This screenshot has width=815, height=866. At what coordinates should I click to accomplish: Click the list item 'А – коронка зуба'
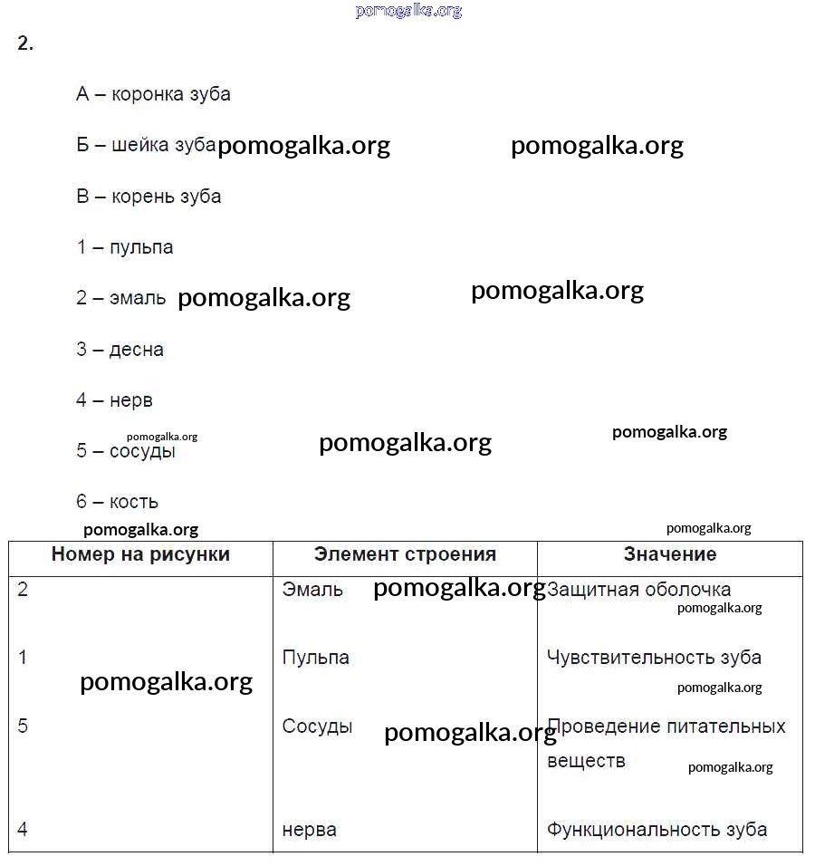(153, 94)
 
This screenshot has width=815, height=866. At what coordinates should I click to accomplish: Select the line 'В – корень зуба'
(149, 197)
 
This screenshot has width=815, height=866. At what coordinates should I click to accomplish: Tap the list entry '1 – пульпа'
(125, 247)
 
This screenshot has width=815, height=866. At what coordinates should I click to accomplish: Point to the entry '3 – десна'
(120, 350)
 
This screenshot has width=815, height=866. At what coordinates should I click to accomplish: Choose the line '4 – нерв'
(115, 400)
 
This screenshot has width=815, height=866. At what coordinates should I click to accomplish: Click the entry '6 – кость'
(118, 502)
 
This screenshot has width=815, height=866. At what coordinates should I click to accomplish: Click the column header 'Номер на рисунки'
(140, 554)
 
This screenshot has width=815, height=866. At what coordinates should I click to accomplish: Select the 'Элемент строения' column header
(405, 554)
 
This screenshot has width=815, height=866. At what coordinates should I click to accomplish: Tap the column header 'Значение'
(669, 554)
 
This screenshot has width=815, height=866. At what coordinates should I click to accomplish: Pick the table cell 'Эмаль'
(312, 590)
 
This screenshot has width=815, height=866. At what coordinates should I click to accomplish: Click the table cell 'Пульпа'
(315, 658)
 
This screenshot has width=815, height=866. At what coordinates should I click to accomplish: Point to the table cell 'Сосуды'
(317, 726)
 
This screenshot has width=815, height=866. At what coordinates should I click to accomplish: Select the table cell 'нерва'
(309, 829)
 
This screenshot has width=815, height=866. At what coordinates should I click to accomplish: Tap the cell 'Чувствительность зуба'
(654, 658)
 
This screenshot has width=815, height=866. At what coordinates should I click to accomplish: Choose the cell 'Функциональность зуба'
(657, 829)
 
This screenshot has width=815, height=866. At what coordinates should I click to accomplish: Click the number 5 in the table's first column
(23, 726)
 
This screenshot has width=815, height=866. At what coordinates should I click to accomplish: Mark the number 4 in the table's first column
(23, 829)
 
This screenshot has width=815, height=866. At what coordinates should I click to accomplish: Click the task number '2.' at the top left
(25, 43)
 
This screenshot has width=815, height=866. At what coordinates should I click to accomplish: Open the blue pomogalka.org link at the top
(408, 11)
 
